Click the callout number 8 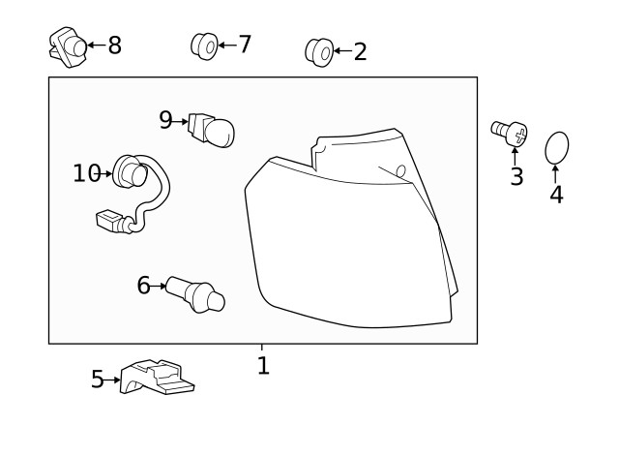(115, 45)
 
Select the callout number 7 (244, 44)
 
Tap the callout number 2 (360, 51)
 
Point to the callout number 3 (516, 176)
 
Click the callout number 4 (556, 194)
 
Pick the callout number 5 (97, 380)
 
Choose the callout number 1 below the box (262, 366)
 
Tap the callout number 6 (143, 285)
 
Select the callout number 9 (165, 120)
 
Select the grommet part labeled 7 (203, 45)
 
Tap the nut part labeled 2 (318, 50)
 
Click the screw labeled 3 (512, 132)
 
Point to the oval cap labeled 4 (557, 148)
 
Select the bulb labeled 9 (213, 130)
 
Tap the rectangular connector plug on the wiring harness (112, 223)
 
